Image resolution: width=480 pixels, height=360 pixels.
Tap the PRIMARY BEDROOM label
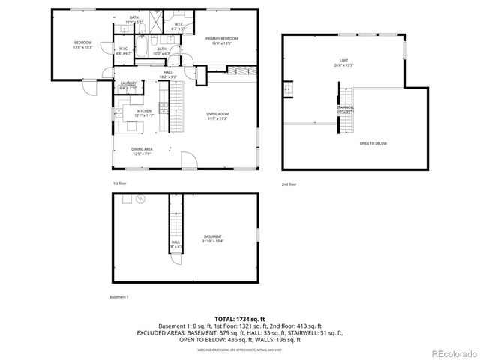[223, 40]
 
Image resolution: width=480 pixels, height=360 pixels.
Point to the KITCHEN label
[144, 112]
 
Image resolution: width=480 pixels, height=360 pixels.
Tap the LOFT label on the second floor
[344, 61]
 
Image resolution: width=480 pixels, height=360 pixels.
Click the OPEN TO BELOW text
[373, 142]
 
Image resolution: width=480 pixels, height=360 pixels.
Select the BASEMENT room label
[211, 238]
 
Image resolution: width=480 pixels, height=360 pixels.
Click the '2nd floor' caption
[289, 184]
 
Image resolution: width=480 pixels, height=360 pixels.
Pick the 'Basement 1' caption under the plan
[118, 296]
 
